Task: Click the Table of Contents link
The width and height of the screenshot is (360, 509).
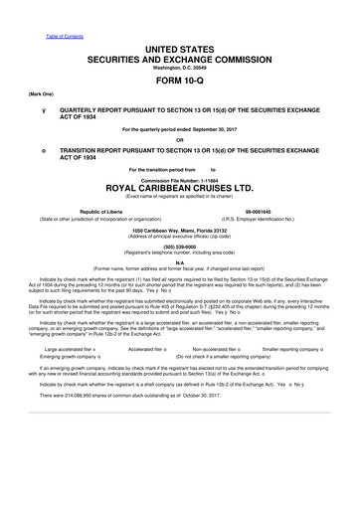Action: [64, 10]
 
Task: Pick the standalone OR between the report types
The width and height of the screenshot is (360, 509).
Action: [180, 139]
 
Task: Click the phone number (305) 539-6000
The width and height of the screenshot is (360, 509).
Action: [180, 248]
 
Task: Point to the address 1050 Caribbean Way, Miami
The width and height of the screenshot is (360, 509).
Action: [180, 230]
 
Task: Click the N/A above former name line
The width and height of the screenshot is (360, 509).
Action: [180, 262]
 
